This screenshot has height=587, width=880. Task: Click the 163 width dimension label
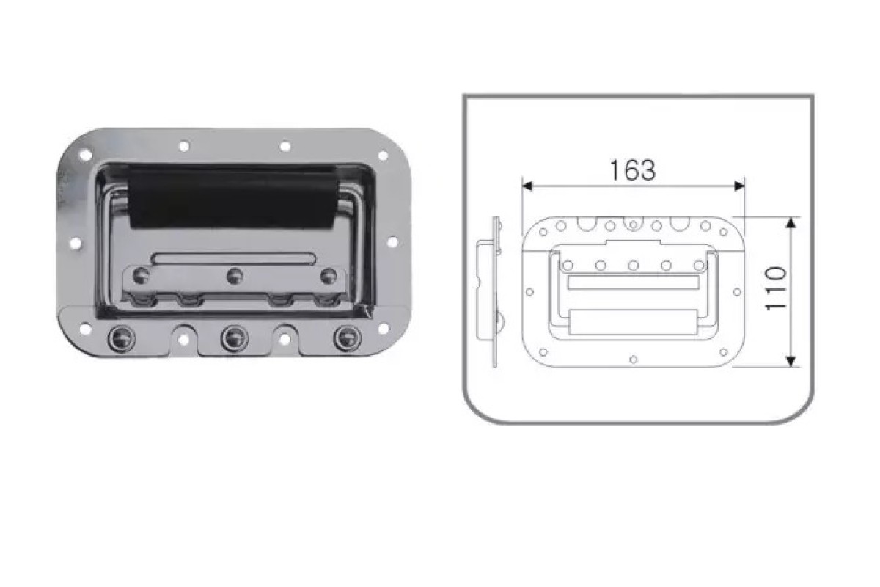click(x=632, y=170)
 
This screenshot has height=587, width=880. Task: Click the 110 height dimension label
click(x=777, y=288)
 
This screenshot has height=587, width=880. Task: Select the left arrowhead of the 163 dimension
click(x=527, y=186)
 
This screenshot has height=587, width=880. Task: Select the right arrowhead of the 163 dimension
click(x=739, y=186)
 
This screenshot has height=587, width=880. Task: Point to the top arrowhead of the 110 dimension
click(x=791, y=222)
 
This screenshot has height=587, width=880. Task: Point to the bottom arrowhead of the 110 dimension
click(x=791, y=361)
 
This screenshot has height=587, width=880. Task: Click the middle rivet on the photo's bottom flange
click(x=235, y=339)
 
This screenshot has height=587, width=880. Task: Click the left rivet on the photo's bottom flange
click(x=122, y=339)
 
